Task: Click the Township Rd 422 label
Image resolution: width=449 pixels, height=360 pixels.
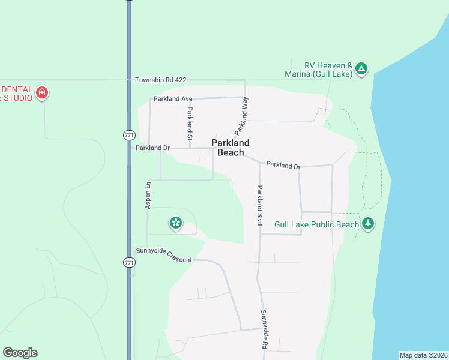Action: click(x=160, y=80)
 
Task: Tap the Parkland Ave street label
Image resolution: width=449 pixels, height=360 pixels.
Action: click(x=172, y=98)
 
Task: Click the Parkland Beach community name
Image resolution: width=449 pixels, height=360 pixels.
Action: click(x=231, y=148)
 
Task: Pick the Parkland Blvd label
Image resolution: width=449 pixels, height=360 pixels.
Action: click(x=261, y=205)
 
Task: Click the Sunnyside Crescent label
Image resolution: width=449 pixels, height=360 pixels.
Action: click(x=164, y=259)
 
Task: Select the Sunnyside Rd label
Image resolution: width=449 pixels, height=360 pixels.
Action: click(x=264, y=329)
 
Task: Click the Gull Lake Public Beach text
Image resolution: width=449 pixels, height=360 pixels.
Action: click(x=316, y=224)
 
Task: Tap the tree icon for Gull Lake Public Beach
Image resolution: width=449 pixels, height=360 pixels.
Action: click(x=367, y=224)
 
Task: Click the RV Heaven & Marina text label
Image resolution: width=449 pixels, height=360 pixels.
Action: click(x=318, y=70)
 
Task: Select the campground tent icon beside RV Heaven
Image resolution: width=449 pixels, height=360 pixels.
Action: click(x=361, y=69)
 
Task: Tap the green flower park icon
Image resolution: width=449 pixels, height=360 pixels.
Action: click(x=176, y=223)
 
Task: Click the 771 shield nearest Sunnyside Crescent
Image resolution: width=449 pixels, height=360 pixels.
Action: click(x=129, y=263)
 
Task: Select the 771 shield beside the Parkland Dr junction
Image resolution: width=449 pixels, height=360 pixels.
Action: click(x=129, y=136)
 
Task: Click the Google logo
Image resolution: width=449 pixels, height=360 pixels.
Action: click(x=20, y=353)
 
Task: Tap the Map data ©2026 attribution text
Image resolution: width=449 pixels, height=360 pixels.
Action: click(x=423, y=355)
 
